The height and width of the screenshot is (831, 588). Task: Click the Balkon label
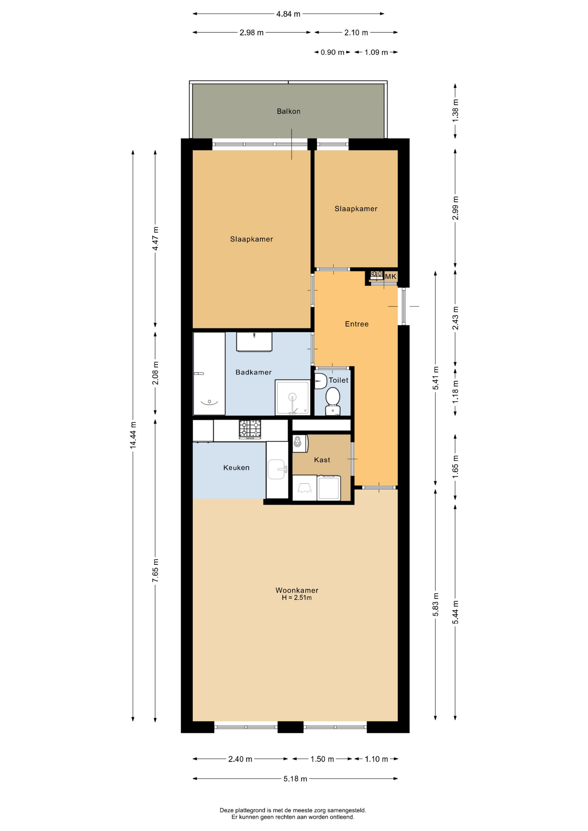click(x=288, y=111)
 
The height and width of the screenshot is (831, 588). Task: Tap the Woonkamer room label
click(x=297, y=590)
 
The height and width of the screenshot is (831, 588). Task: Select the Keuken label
click(x=236, y=467)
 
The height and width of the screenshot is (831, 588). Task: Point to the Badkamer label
click(x=253, y=372)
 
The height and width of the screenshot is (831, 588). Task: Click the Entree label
click(x=357, y=324)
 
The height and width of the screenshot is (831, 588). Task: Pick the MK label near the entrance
click(x=391, y=277)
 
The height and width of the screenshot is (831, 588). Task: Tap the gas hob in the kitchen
click(x=250, y=429)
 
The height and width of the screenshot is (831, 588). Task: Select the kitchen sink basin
click(x=276, y=470)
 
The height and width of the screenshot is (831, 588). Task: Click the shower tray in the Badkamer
click(x=293, y=397)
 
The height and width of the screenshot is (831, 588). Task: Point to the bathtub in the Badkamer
click(x=209, y=374)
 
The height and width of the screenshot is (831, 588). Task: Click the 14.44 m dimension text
click(x=133, y=435)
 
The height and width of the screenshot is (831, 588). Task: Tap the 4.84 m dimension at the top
click(x=288, y=14)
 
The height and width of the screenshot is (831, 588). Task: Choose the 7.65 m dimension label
click(x=155, y=570)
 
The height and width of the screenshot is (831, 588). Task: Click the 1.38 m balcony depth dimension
click(x=455, y=111)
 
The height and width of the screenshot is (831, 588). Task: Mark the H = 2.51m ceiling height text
click(x=297, y=598)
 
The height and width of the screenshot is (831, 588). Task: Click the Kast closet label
click(x=322, y=460)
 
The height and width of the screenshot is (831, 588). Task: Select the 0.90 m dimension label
click(x=333, y=52)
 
